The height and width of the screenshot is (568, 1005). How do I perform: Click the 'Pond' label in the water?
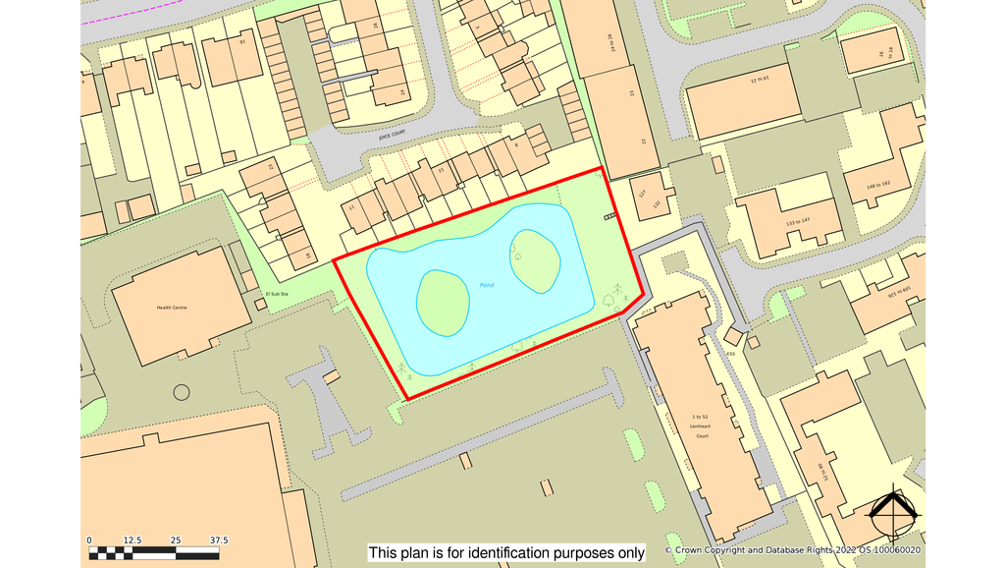point(487,285)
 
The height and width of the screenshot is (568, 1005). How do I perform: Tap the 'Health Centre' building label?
point(172,308)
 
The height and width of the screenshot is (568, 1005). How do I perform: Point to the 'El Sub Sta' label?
point(280,294)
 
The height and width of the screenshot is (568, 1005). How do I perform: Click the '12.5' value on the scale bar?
point(132,540)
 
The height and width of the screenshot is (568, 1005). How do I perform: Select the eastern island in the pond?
point(535,260)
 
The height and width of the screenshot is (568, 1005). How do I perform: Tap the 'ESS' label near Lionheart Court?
point(730,355)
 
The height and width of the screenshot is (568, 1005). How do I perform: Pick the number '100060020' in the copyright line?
point(896,551)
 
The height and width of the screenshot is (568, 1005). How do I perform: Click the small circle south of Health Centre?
point(182,393)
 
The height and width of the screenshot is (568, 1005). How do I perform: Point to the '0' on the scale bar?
point(89,540)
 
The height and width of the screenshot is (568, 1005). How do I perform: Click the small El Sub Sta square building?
point(260,305)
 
